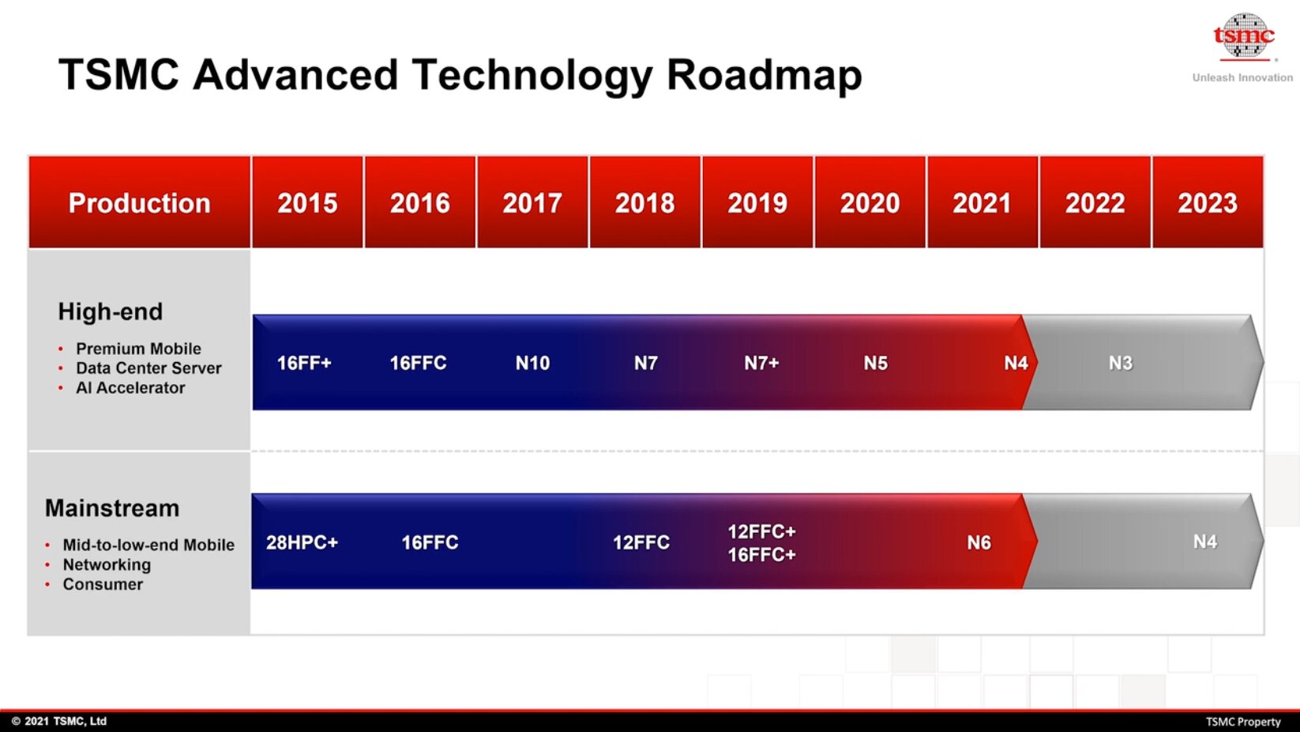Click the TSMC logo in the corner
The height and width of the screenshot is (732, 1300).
point(1244,36)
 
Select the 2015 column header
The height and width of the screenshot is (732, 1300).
point(307,202)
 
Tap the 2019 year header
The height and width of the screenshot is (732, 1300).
point(757,202)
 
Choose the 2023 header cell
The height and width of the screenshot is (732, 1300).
point(1208,202)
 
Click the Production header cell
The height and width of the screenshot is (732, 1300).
point(139,202)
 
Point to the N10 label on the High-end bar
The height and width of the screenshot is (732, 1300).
point(532,363)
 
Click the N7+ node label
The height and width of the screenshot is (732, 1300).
point(761,363)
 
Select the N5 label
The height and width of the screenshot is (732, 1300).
point(875,363)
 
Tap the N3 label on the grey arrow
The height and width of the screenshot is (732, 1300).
point(1120,363)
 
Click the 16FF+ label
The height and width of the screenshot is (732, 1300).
point(304,363)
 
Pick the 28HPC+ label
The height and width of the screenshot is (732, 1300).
point(302,542)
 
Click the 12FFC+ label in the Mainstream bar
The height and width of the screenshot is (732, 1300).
point(761,531)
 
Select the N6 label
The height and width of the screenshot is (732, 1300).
point(979,542)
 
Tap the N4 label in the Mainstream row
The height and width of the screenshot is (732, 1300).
point(1204,541)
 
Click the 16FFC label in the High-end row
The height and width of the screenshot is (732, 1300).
point(418,363)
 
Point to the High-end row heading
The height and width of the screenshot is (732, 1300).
point(111,312)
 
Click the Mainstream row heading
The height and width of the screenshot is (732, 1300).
point(112,508)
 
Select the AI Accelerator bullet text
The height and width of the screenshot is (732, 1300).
point(130,387)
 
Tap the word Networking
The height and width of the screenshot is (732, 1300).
point(107,564)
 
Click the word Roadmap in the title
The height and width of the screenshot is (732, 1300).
point(765,76)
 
